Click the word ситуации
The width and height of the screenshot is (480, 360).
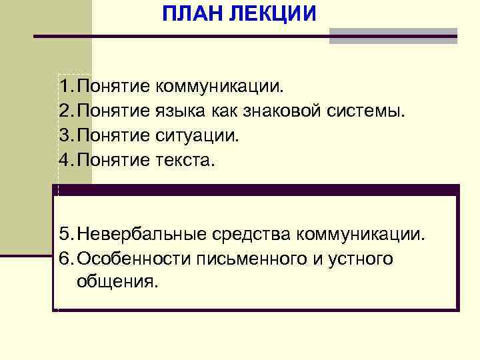[197, 135]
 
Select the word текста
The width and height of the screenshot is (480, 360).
[186, 160]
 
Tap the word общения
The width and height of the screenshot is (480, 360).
[118, 282]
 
